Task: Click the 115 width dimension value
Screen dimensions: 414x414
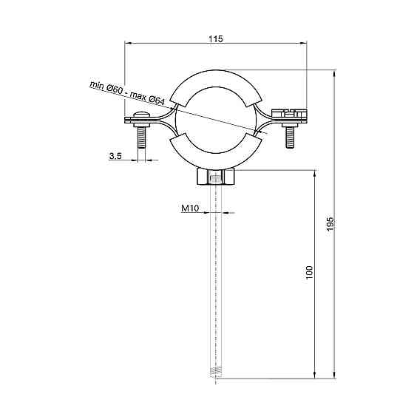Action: coord(216,38)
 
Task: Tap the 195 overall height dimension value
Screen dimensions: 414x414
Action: coord(330,224)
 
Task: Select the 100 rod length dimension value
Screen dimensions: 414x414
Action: coord(309,273)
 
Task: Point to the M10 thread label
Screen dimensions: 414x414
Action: coord(190,208)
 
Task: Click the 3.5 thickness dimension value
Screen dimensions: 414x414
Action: coord(115,156)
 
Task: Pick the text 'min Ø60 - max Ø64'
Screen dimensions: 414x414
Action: coord(127,93)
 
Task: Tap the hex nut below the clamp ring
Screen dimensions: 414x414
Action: coord(216,177)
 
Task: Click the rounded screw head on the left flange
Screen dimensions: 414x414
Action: coord(142,115)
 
